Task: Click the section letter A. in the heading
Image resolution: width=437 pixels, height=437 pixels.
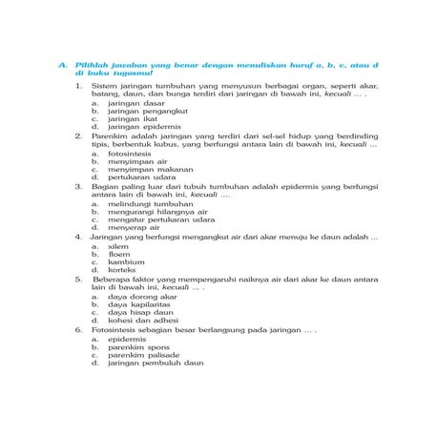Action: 62,65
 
